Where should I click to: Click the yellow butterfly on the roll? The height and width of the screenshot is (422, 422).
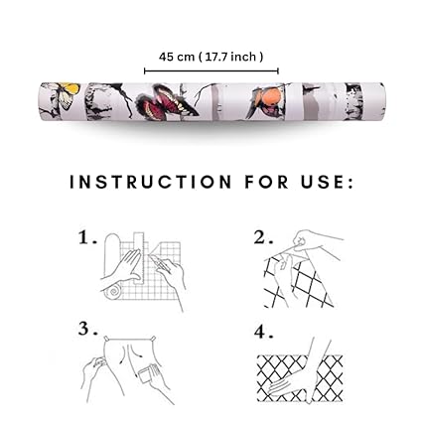pos(66,94)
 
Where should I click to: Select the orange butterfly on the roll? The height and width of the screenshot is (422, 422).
pos(266,98)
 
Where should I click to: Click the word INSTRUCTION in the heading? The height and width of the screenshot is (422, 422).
pos(151,182)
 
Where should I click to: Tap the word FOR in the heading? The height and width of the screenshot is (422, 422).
pos(266,182)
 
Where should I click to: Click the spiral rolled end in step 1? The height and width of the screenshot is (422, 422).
pos(114,292)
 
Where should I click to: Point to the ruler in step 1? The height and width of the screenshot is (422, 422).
pos(139,258)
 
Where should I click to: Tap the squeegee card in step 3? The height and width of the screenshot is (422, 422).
pos(146,377)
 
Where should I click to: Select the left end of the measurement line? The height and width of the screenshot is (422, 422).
pos(145,70)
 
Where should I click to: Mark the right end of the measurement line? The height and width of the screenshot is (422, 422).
pos(278,70)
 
